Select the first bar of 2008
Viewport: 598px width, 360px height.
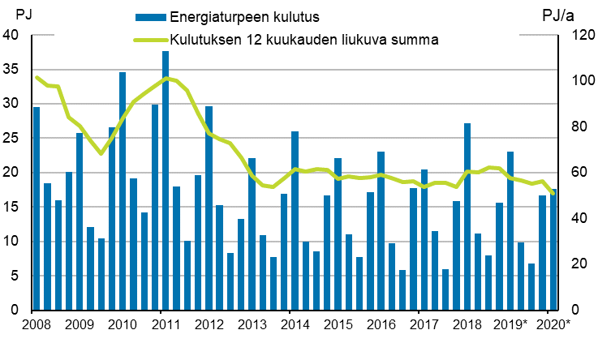pos(37,208)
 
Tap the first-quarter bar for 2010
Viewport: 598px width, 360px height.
pos(123,191)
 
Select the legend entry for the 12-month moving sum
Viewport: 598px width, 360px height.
pos(304,40)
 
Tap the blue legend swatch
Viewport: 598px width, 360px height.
pos(151,17)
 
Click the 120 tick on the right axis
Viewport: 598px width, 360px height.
pos(574,35)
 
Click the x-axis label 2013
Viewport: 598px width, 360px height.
pos(252,326)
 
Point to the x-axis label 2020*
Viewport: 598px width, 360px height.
pos(553,326)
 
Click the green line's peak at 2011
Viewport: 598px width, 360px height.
pos(166,79)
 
